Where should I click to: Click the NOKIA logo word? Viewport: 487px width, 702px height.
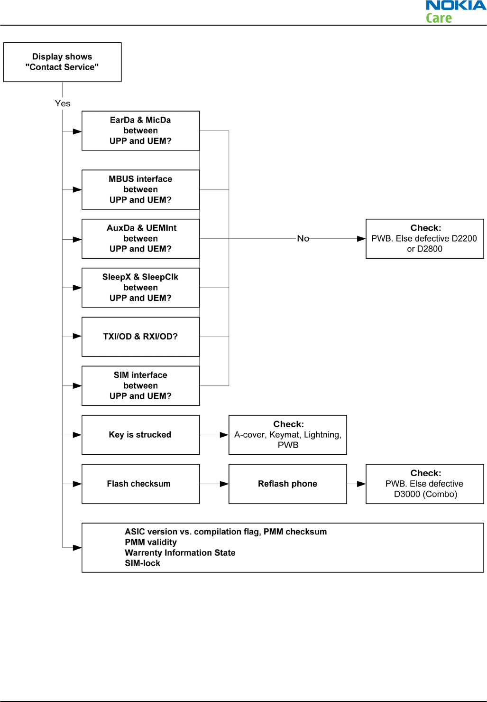pyautogui.click(x=456, y=6)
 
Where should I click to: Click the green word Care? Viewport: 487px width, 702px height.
pyautogui.click(x=439, y=18)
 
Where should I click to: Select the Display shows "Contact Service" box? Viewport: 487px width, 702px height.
pyautogui.click(x=62, y=62)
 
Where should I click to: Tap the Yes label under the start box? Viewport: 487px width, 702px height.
pyautogui.click(x=63, y=103)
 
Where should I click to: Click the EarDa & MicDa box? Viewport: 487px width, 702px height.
pyautogui.click(x=141, y=131)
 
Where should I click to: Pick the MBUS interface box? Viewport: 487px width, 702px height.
pyautogui.click(x=141, y=189)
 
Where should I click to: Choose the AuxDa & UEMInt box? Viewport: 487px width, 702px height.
pyautogui.click(x=141, y=239)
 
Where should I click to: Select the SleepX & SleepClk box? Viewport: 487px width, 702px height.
pyautogui.click(x=141, y=288)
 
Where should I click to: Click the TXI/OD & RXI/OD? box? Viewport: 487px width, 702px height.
pyautogui.click(x=141, y=337)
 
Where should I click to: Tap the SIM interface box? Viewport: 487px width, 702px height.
pyautogui.click(x=141, y=386)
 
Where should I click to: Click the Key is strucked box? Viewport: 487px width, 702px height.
pyautogui.click(x=141, y=435)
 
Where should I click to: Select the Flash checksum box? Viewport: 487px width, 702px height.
pyautogui.click(x=141, y=484)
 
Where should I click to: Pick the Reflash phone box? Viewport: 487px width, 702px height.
pyautogui.click(x=288, y=484)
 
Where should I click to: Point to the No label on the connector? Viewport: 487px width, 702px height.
pyautogui.click(x=303, y=239)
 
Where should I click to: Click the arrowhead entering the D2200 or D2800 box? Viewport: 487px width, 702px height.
pyautogui.click(x=361, y=239)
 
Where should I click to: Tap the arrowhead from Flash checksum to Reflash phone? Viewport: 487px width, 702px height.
pyautogui.click(x=224, y=484)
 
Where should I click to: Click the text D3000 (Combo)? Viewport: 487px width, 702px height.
pyautogui.click(x=426, y=494)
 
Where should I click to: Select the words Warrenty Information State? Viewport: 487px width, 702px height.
pyautogui.click(x=180, y=552)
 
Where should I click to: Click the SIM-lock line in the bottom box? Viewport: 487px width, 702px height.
pyautogui.click(x=143, y=563)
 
